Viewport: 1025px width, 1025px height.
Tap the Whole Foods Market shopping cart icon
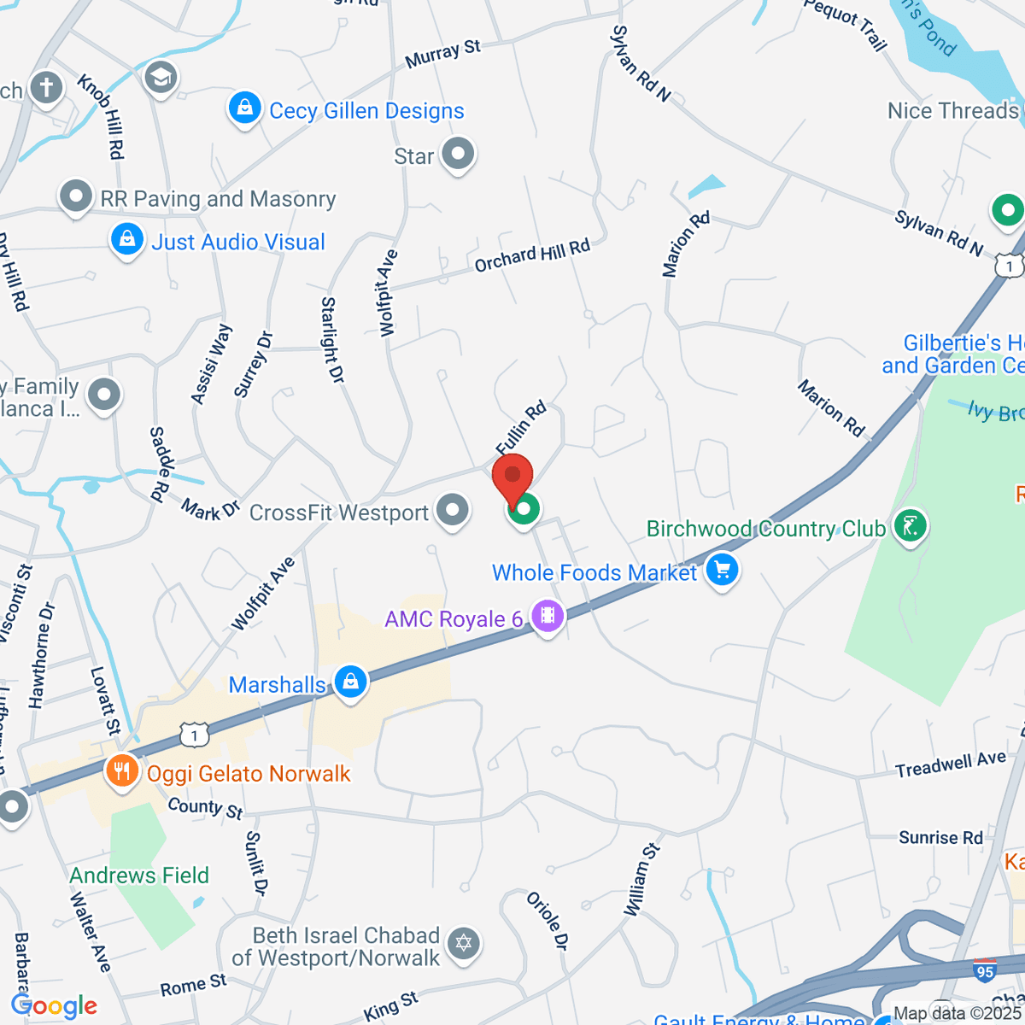(722, 570)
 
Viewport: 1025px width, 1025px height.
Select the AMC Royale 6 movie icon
(548, 615)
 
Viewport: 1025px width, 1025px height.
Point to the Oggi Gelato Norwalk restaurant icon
(122, 772)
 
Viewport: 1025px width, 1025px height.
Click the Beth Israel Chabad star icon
(464, 943)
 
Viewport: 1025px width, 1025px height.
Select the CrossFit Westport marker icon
(453, 511)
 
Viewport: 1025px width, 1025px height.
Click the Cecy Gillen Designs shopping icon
(244, 108)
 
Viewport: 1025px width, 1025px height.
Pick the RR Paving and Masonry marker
(76, 196)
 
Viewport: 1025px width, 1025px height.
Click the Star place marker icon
(460, 155)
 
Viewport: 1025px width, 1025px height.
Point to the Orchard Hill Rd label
(532, 255)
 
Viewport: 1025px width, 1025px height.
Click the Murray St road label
(442, 55)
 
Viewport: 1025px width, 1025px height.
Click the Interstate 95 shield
(984, 971)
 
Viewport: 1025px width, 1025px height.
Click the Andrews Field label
(139, 876)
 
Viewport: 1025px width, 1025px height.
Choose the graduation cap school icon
(160, 78)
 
